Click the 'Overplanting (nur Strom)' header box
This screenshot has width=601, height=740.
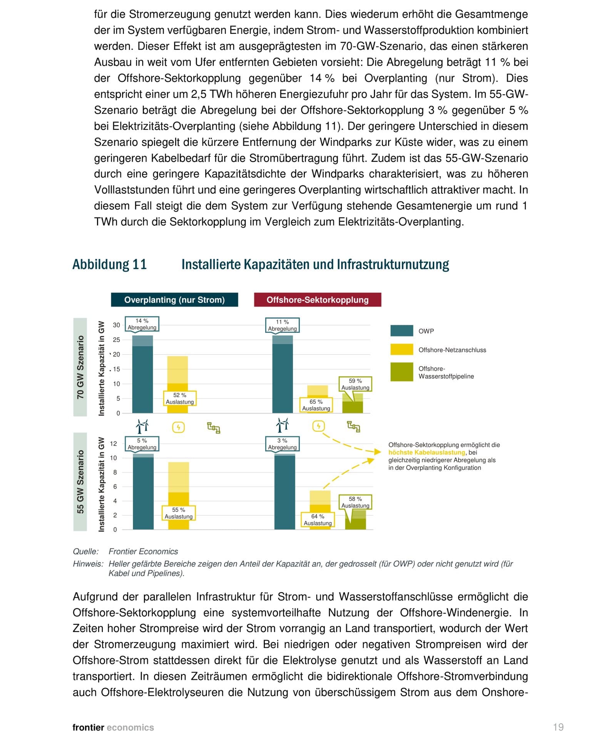(174, 300)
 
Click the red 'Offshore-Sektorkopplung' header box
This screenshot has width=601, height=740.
(317, 300)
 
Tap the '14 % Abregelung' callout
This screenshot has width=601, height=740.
(142, 324)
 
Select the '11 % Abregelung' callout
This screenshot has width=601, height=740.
(282, 325)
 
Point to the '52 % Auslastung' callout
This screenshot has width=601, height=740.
(180, 399)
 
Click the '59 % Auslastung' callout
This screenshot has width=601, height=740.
(355, 384)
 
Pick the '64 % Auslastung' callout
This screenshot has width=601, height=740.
(318, 520)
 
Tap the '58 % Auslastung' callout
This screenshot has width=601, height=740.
(355, 502)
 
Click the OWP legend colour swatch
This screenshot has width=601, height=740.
(402, 331)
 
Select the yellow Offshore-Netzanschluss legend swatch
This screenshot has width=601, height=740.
(402, 350)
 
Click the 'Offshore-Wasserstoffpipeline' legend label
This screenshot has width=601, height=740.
(446, 372)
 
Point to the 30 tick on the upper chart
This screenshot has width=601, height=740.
(116, 325)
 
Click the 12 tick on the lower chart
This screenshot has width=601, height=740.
(113, 444)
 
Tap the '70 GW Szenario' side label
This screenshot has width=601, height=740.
(80, 367)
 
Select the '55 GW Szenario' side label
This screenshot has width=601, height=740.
(80, 482)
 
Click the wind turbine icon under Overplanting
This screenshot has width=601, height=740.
(142, 426)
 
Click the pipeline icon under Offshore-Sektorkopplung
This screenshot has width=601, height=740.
(353, 427)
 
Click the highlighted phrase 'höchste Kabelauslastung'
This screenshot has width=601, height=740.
(426, 452)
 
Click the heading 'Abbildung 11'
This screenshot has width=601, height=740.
(110, 264)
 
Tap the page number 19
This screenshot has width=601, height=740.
(558, 727)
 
